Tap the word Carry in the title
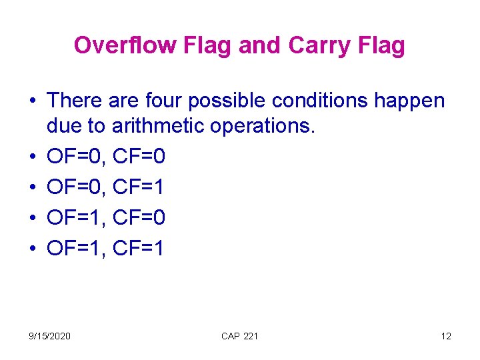point(319,45)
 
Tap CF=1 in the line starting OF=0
point(139,187)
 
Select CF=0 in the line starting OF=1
point(139,218)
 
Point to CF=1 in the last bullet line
point(139,249)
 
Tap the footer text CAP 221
point(239,336)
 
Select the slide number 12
point(446,336)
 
